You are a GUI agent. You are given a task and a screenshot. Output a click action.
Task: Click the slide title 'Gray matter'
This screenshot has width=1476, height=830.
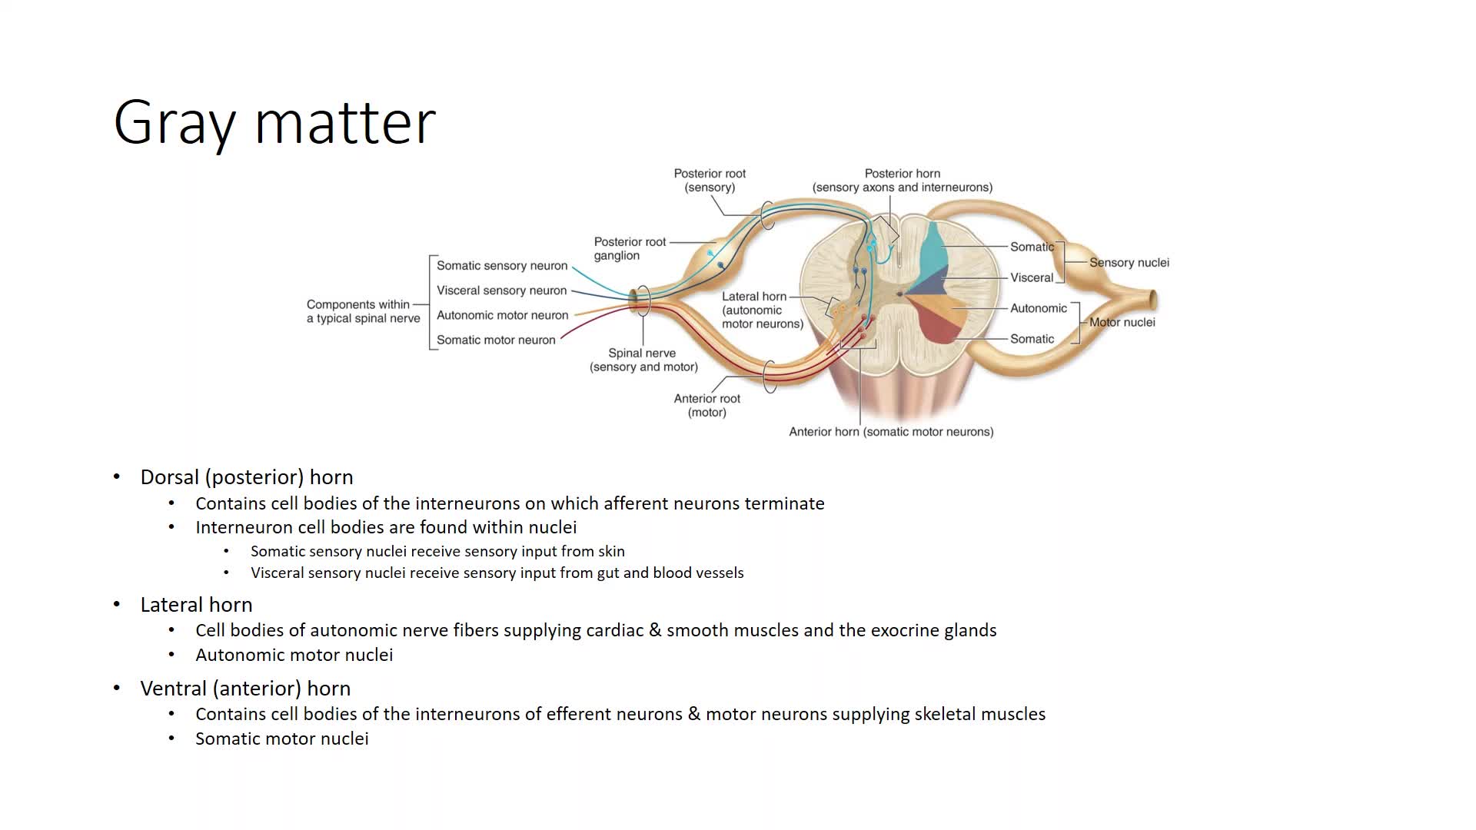click(x=274, y=121)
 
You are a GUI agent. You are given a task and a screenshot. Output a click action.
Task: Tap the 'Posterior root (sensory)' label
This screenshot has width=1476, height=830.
click(x=710, y=181)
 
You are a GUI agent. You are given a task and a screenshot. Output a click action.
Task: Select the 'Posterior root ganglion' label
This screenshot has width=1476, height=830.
click(x=630, y=248)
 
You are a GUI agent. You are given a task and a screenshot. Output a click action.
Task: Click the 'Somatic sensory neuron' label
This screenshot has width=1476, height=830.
click(x=502, y=266)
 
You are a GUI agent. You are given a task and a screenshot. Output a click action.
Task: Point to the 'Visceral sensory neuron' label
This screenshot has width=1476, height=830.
click(x=501, y=290)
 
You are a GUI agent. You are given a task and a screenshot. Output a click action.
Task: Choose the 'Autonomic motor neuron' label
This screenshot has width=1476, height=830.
click(x=502, y=315)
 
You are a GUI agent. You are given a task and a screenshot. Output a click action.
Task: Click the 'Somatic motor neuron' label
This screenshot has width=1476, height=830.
click(x=496, y=340)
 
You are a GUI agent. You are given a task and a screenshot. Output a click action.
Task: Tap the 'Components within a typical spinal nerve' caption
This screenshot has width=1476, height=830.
click(x=363, y=311)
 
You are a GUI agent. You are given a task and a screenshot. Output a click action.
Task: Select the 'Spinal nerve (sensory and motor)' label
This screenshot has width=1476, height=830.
click(x=643, y=360)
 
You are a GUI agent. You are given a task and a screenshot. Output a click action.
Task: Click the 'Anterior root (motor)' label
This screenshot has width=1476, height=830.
click(x=706, y=405)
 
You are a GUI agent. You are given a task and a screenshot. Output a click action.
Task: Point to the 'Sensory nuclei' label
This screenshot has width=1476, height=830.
click(x=1129, y=263)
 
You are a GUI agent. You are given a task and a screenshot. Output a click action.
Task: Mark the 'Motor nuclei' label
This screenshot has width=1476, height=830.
click(x=1122, y=322)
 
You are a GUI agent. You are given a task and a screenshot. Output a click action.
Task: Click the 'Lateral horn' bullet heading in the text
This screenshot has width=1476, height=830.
click(x=196, y=605)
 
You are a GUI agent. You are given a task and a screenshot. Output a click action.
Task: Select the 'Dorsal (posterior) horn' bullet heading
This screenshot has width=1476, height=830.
click(x=246, y=477)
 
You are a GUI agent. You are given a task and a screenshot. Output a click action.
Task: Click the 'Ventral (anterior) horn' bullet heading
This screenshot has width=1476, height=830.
click(x=244, y=689)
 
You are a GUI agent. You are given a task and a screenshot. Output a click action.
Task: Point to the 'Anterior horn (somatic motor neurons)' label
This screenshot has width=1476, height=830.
click(x=891, y=432)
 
